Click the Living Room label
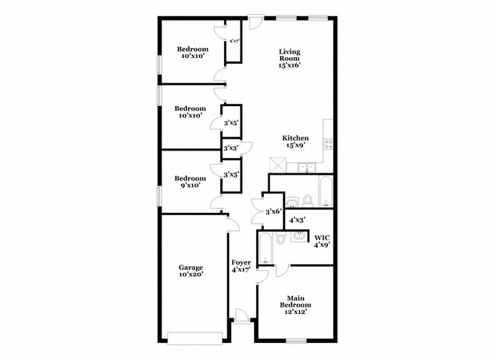click(289, 59)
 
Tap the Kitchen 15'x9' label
click(296, 141)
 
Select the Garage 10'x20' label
click(191, 271)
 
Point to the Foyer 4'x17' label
click(241, 266)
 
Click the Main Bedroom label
click(296, 305)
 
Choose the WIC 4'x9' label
click(322, 240)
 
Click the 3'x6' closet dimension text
click(273, 211)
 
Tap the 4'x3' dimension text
click(297, 219)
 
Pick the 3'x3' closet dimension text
click(231, 148)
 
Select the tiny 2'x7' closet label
click(234, 41)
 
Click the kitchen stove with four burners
click(328, 144)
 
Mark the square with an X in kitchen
click(277, 165)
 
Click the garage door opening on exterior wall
click(195, 338)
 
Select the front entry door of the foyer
click(241, 316)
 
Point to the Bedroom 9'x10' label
click(190, 182)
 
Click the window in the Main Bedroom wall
click(296, 341)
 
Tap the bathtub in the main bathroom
click(265, 248)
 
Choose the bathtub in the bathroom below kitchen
click(325, 192)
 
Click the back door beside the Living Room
click(255, 22)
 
